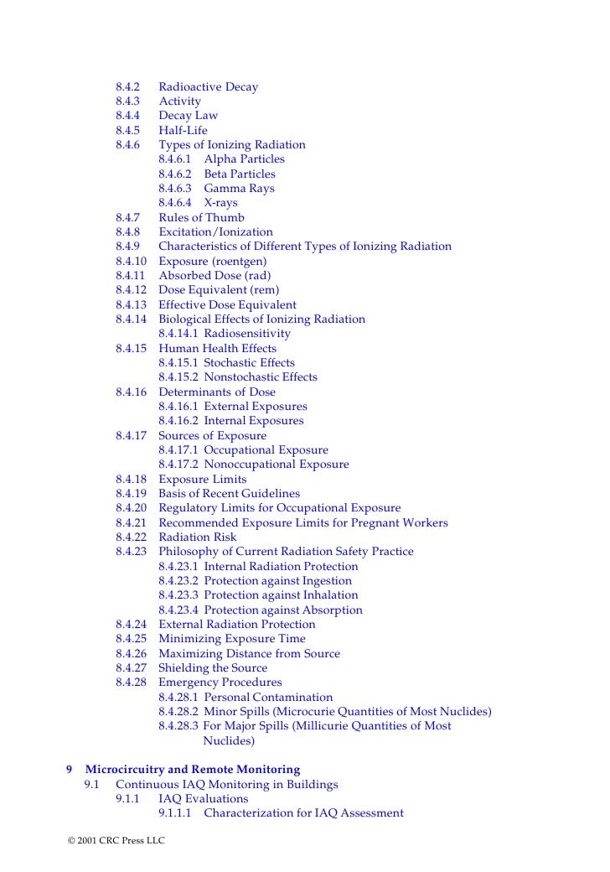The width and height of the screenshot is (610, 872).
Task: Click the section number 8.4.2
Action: (x=128, y=87)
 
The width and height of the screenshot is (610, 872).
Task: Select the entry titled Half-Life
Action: (x=183, y=131)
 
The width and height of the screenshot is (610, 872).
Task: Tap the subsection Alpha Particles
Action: (x=244, y=159)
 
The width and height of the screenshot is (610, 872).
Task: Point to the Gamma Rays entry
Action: (x=239, y=189)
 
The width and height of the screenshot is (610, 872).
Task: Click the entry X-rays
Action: (x=220, y=203)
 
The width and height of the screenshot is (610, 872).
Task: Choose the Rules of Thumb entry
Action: (x=201, y=218)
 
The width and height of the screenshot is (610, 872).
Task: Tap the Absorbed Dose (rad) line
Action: (x=215, y=276)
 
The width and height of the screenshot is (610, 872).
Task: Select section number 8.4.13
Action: (x=132, y=305)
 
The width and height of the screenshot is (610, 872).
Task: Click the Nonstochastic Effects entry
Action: (x=261, y=377)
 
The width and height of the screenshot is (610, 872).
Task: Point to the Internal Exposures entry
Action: (x=254, y=421)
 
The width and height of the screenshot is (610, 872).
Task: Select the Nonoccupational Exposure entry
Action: (x=277, y=465)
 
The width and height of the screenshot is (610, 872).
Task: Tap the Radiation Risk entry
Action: (x=198, y=537)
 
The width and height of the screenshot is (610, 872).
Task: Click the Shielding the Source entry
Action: (x=213, y=668)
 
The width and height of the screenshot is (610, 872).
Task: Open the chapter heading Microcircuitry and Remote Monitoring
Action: (x=193, y=770)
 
